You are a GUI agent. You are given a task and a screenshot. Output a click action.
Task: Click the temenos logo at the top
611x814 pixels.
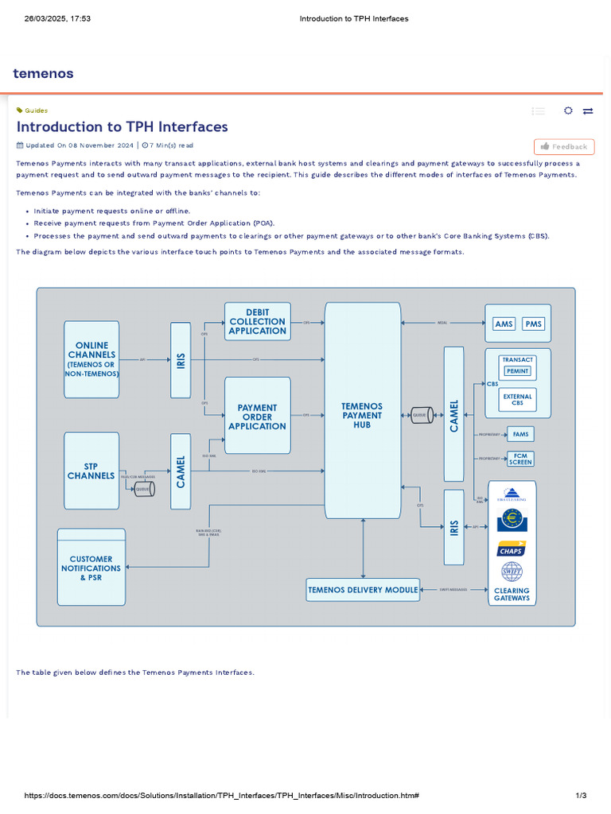pyautogui.click(x=43, y=74)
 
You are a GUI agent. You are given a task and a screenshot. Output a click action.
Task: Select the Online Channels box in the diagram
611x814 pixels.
pyautogui.click(x=91, y=359)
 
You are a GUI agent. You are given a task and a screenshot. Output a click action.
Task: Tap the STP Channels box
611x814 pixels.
pyautogui.click(x=91, y=471)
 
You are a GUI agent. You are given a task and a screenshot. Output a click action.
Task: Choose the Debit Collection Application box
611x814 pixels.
pyautogui.click(x=257, y=322)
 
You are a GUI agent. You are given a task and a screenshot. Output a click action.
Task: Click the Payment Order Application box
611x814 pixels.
pyautogui.click(x=257, y=417)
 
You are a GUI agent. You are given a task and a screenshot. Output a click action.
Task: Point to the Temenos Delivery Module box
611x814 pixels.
pyautogui.click(x=363, y=590)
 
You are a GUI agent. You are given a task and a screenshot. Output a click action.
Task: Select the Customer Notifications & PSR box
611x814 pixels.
pyautogui.click(x=91, y=568)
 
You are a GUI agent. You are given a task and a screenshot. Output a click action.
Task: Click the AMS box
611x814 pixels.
pyautogui.click(x=504, y=324)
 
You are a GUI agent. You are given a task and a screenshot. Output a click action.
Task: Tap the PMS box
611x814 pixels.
pyautogui.click(x=533, y=324)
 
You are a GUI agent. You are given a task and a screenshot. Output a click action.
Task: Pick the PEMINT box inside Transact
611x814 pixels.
pyautogui.click(x=517, y=371)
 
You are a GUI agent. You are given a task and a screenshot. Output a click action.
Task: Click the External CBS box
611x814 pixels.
pyautogui.click(x=517, y=400)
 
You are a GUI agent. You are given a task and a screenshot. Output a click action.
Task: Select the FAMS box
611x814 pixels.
pyautogui.click(x=521, y=435)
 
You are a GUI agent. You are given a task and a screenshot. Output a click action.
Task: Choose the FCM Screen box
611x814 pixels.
pyautogui.click(x=521, y=459)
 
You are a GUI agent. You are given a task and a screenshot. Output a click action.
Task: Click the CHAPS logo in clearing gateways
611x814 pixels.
pyautogui.click(x=511, y=548)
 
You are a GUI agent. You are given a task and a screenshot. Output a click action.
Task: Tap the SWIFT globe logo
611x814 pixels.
pyautogui.click(x=511, y=572)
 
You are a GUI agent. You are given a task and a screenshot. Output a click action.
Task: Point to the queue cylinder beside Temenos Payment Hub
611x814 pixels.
pyautogui.click(x=421, y=415)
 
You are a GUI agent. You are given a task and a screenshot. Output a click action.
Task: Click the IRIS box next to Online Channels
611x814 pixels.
pyautogui.click(x=181, y=359)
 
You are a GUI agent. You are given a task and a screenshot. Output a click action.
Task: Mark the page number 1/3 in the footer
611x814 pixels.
pyautogui.click(x=581, y=796)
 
